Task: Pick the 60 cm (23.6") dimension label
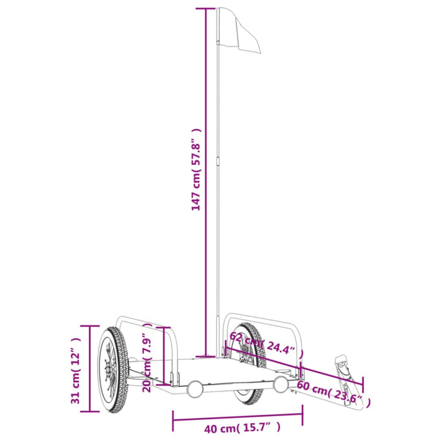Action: point(333,392)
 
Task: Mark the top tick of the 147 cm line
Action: point(206,9)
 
